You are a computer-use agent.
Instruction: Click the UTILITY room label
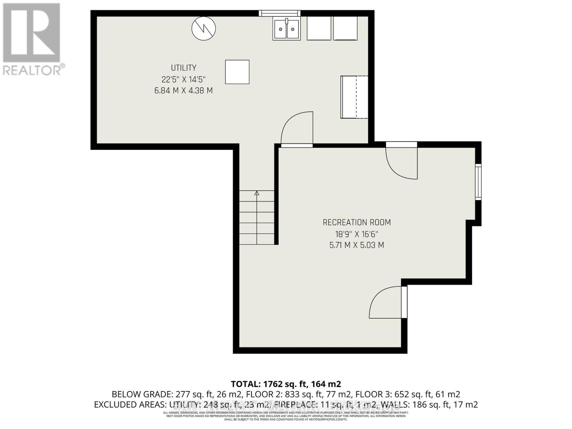click(183, 68)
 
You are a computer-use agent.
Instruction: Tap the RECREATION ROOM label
click(356, 222)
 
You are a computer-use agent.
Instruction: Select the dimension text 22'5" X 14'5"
click(183, 79)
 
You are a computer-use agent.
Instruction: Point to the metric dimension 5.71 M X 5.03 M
click(356, 245)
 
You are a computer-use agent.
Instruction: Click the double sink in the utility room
click(286, 29)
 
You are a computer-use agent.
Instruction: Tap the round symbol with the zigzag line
click(203, 28)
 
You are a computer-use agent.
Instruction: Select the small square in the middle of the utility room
click(237, 72)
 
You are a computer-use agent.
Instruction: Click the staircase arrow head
click(256, 193)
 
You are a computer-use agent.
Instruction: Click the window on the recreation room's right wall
click(478, 181)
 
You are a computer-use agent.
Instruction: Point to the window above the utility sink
click(280, 14)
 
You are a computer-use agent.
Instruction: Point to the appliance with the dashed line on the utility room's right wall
click(354, 97)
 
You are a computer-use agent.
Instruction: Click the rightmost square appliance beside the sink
click(345, 28)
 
